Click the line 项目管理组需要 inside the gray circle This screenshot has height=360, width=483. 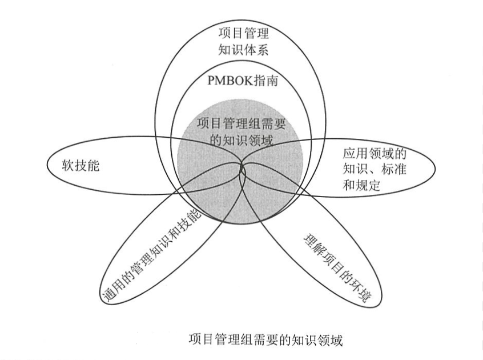[x=241, y=123]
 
